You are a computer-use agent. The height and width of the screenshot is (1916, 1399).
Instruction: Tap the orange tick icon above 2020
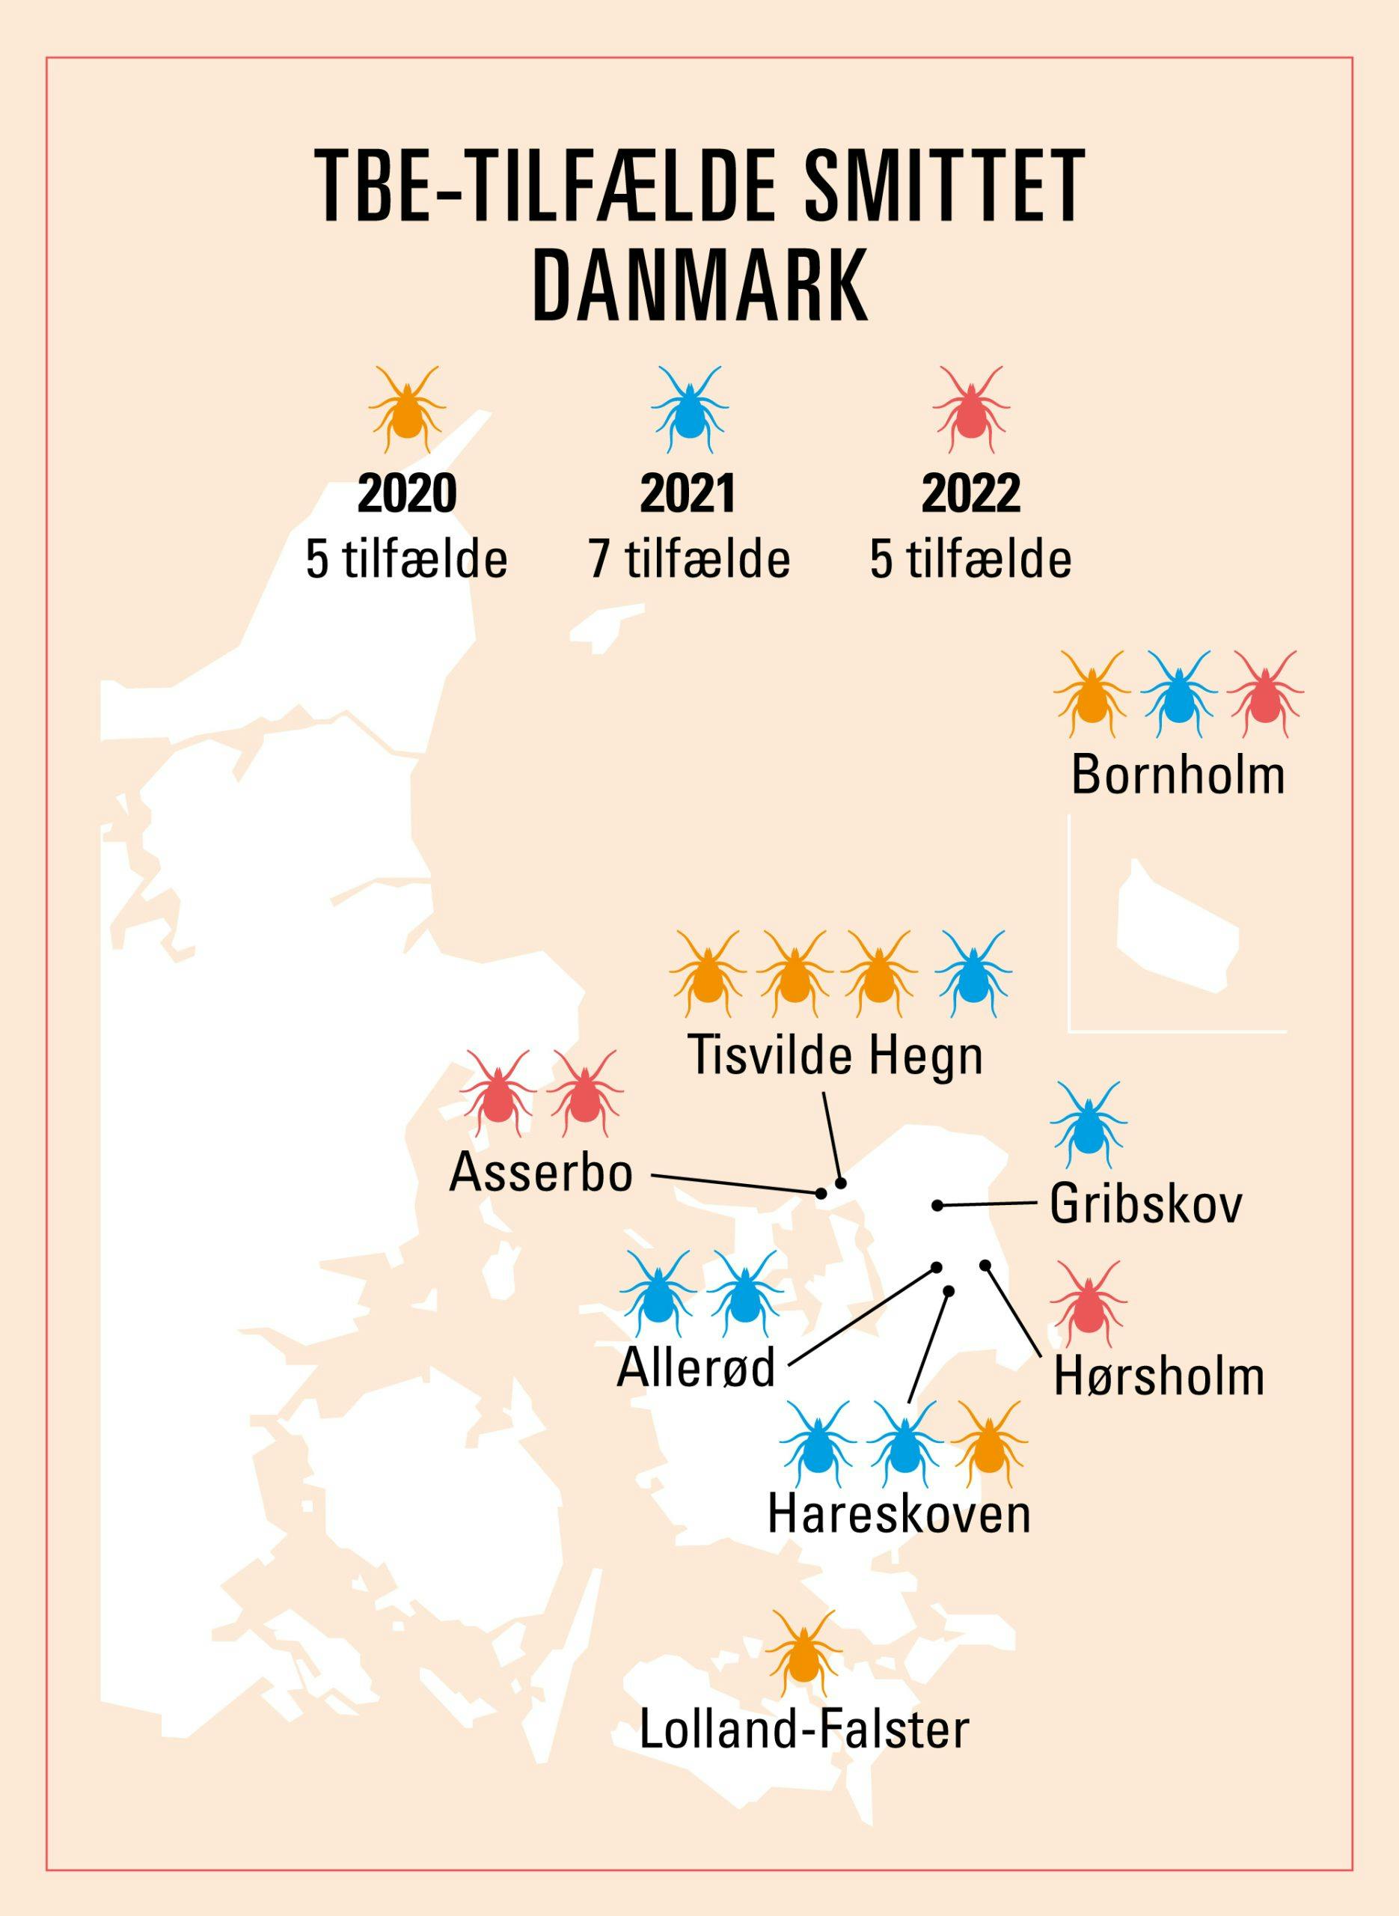(406, 410)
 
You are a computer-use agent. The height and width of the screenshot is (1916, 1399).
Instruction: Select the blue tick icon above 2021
(688, 410)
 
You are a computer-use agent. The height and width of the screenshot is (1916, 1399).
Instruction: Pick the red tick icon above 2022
(970, 410)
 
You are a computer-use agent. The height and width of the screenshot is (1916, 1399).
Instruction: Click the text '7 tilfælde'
(689, 559)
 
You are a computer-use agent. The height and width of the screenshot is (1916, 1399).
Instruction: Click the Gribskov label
(1146, 1205)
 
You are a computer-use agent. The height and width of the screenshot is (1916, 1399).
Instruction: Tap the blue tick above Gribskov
(1085, 1124)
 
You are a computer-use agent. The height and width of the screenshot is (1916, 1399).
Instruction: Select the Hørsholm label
(1159, 1377)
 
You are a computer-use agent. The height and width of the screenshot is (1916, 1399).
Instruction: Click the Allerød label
(695, 1368)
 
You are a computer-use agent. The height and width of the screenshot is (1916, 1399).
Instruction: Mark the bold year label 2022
(970, 495)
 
